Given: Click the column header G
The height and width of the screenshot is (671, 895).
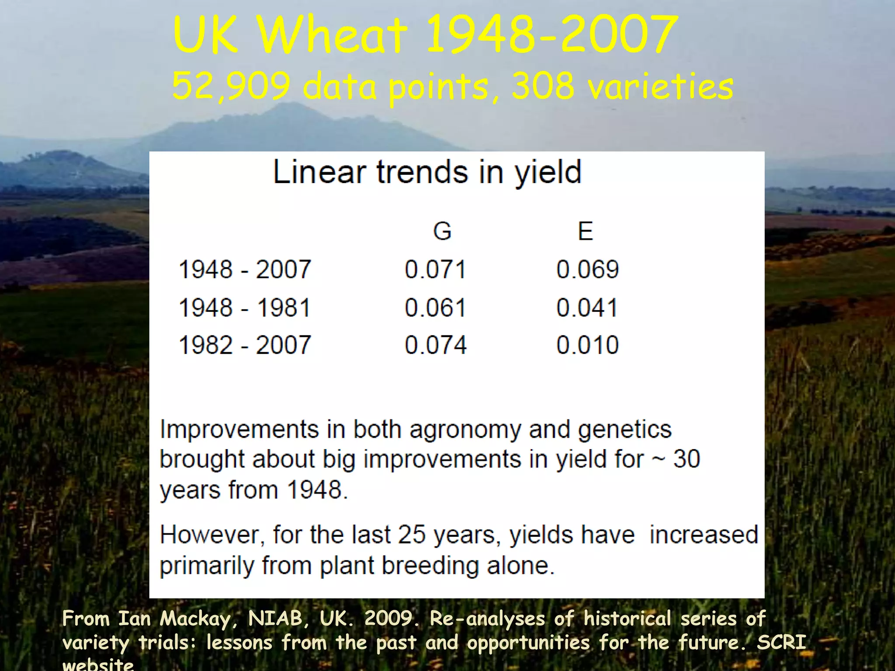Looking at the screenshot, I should [442, 231].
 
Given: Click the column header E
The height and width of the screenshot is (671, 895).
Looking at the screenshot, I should [586, 231].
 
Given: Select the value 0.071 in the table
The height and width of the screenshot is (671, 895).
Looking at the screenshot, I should [435, 269].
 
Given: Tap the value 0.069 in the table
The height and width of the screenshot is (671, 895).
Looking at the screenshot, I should [587, 269].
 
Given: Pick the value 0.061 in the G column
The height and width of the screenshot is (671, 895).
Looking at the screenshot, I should [435, 308].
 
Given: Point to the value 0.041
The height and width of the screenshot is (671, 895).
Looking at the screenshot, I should [587, 308].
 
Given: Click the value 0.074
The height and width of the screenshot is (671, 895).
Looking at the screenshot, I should [436, 345].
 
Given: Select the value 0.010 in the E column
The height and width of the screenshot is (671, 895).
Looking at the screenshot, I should [587, 345].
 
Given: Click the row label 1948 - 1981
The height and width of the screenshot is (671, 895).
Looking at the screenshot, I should [245, 308].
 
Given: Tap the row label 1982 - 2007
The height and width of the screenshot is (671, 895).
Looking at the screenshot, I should [245, 345].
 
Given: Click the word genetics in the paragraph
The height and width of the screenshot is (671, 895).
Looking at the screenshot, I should [625, 430].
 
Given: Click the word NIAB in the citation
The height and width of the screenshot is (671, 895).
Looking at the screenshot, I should [274, 619].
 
